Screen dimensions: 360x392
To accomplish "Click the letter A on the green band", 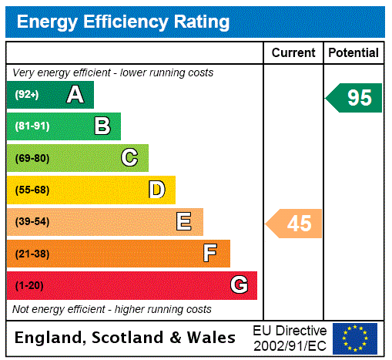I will click(75, 95).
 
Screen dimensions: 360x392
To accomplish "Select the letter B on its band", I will click(102, 126).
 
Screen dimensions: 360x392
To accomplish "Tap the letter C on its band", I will click(129, 158).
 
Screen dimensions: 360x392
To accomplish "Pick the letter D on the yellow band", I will click(156, 190).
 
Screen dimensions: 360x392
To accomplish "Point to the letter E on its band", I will click(184, 222).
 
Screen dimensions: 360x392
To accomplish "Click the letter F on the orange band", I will click(210, 254).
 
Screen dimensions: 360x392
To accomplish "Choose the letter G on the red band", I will click(239, 285).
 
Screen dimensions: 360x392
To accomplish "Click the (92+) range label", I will click(27, 95).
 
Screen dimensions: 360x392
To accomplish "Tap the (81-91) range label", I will click(32, 126).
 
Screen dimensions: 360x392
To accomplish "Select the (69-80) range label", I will click(32, 158).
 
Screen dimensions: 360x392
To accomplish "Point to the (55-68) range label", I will click(32, 190).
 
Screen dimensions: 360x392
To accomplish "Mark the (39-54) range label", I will click(32, 222).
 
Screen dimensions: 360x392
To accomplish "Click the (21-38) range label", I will click(32, 254).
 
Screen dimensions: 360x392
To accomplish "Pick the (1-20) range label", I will click(29, 286).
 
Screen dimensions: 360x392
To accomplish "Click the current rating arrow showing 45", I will click(294, 224).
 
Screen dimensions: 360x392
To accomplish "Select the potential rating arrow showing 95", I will click(354, 98).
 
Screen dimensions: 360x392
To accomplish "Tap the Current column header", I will click(293, 53).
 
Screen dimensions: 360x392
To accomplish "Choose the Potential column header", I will click(353, 53).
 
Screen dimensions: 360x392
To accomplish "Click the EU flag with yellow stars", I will click(355, 338).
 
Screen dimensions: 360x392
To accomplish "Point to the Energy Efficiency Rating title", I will click(123, 22).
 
